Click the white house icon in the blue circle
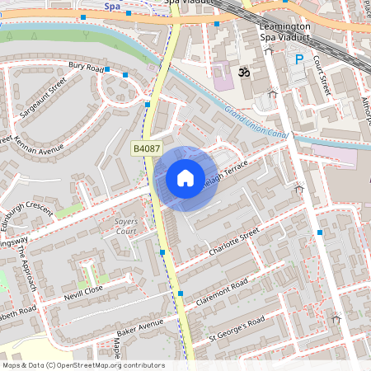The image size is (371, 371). pyautogui.click(x=185, y=178)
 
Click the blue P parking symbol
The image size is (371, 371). pyautogui.click(x=300, y=59)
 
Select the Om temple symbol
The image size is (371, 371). pyautogui.click(x=243, y=73)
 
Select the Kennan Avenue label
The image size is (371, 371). pyautogui.click(x=39, y=145)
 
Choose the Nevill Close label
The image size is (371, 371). pyautogui.click(x=82, y=292)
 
